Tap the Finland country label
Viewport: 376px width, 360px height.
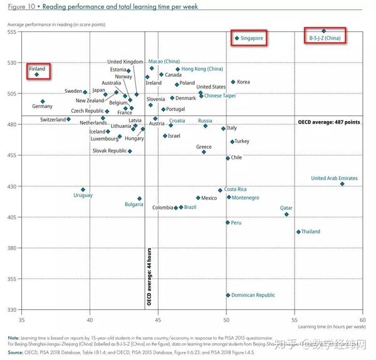pos(37,68)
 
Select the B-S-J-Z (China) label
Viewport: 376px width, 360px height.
pos(325,38)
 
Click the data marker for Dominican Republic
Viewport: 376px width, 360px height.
pos(228,295)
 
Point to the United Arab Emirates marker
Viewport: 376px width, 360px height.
pos(342,184)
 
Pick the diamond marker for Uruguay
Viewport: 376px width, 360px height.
pos(83,189)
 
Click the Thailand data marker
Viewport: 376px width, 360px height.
pos(298,232)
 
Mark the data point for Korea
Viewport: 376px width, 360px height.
pos(233,82)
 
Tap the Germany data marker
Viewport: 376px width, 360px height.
pos(43,102)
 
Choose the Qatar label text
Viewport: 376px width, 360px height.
pos(286,207)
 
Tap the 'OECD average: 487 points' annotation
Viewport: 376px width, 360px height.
pos(329,122)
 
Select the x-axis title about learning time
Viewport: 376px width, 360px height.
pos(332,327)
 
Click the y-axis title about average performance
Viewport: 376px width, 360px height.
pos(56,23)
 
